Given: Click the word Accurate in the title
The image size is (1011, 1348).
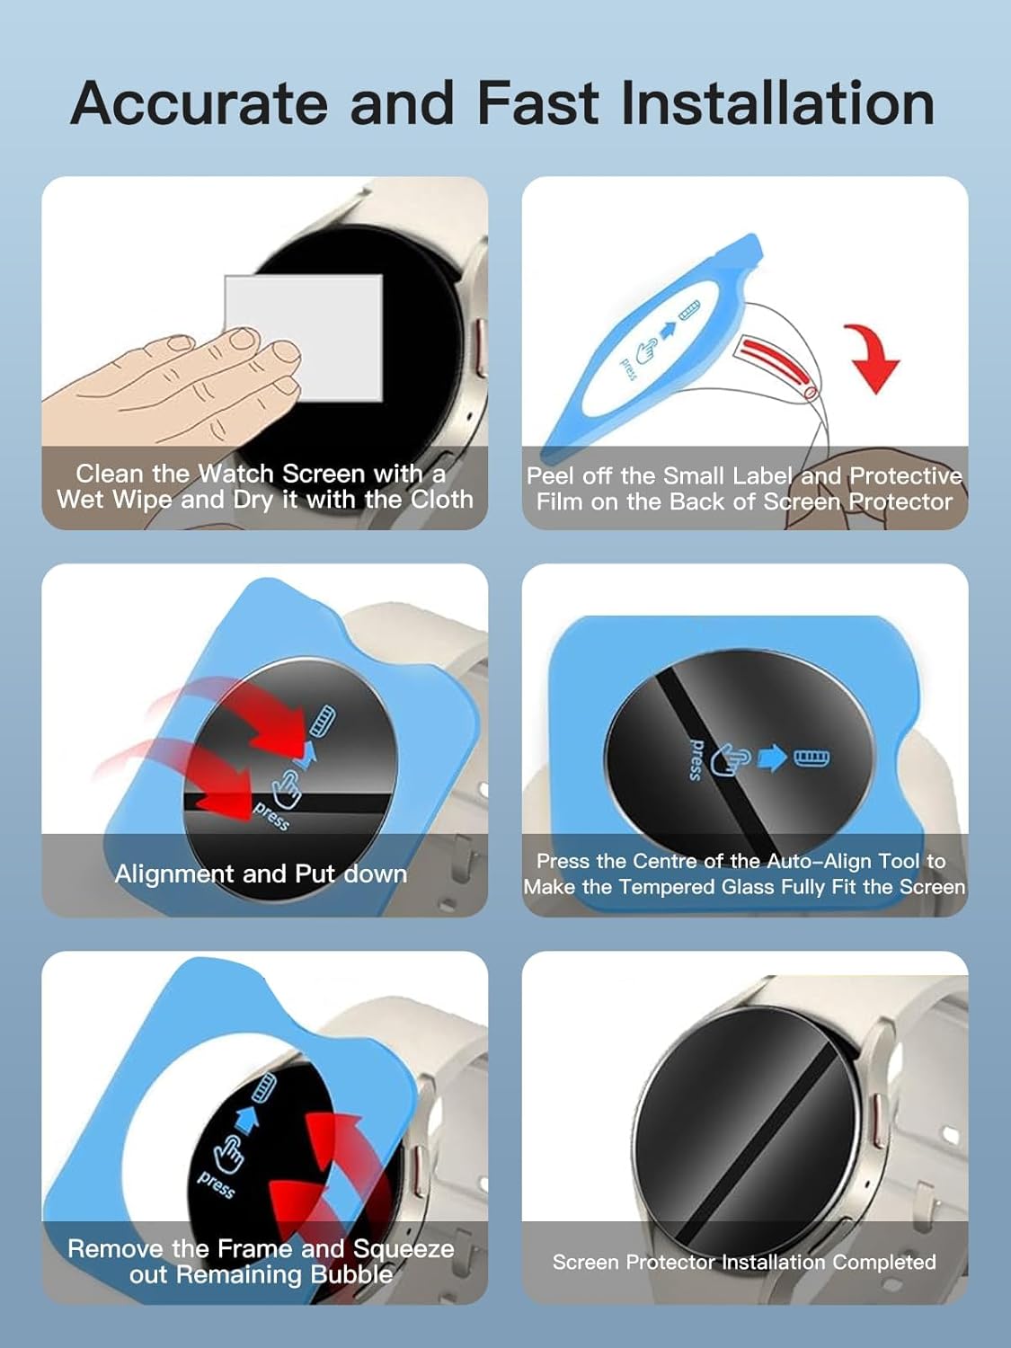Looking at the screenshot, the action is (200, 103).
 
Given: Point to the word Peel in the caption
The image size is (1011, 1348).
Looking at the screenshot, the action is (551, 475).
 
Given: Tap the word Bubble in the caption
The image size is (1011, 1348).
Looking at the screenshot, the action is (351, 1274).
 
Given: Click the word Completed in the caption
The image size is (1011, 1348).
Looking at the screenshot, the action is (884, 1262).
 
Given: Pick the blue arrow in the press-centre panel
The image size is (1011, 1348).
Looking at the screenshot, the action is (773, 758).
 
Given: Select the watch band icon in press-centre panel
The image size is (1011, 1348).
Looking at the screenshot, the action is (812, 758).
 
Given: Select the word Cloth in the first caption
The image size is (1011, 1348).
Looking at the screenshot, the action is (442, 500).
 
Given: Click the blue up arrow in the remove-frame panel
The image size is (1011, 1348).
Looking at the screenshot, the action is (246, 1122).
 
